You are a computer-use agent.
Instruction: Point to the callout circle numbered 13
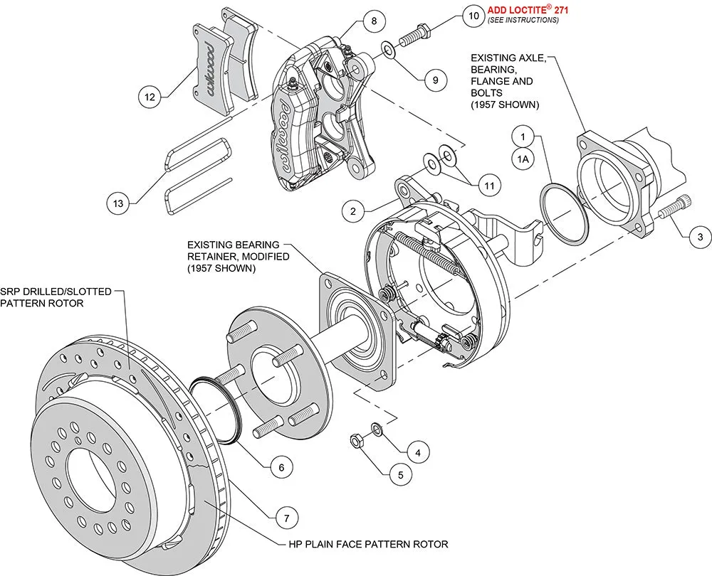(x=118, y=203)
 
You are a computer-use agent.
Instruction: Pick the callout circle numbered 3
(x=700, y=236)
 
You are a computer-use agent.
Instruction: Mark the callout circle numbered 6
(x=281, y=466)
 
